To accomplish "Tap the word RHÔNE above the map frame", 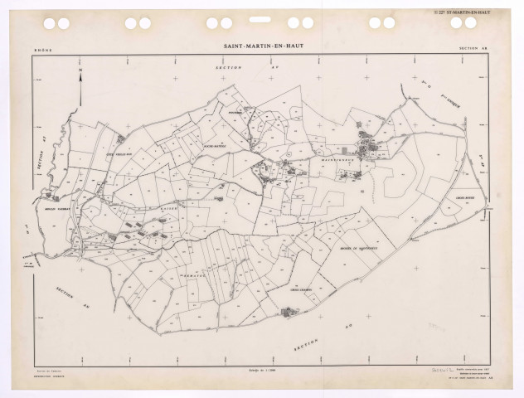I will [41, 50].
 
